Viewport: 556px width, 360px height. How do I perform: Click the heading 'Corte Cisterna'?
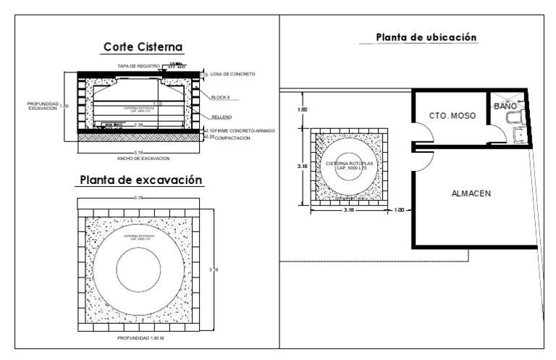tap(143, 47)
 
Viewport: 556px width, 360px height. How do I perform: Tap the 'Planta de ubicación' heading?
tap(426, 37)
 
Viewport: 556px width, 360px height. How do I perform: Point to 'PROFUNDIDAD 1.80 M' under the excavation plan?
tap(143, 337)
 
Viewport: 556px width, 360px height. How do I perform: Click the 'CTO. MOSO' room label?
tap(452, 115)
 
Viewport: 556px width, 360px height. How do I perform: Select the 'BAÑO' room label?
tap(505, 106)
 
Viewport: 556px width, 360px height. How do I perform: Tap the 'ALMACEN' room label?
tap(471, 193)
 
